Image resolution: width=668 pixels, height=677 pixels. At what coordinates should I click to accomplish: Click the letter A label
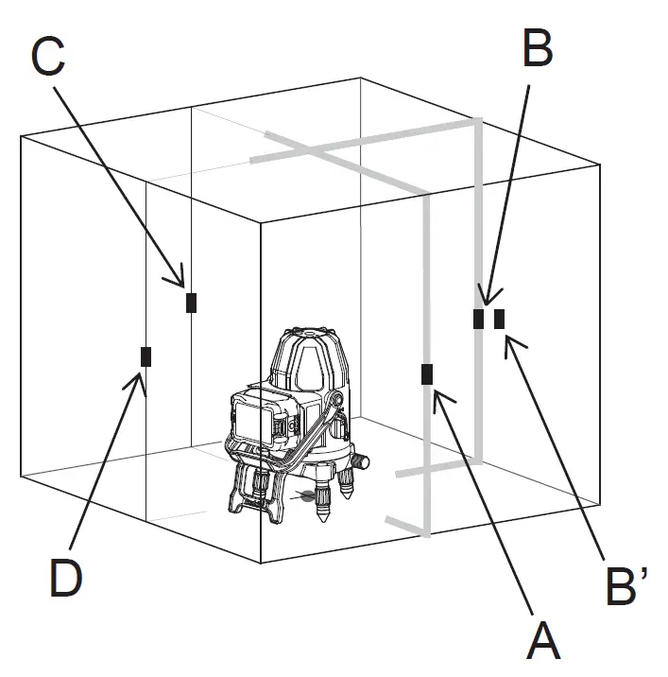(543, 641)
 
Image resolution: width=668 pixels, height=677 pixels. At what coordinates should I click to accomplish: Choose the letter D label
(65, 578)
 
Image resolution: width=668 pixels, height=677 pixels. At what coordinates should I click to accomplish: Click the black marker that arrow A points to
(427, 374)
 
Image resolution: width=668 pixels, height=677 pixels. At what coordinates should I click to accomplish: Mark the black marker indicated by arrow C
(192, 302)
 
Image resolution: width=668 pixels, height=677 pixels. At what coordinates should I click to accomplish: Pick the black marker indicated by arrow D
(146, 356)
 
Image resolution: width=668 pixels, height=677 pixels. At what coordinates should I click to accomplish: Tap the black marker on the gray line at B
(479, 319)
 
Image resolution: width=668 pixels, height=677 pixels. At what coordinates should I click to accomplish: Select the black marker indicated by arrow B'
(499, 319)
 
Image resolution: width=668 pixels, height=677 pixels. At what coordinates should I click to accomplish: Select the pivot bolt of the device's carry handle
(335, 402)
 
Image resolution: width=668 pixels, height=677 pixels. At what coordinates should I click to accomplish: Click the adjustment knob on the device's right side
(360, 463)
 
